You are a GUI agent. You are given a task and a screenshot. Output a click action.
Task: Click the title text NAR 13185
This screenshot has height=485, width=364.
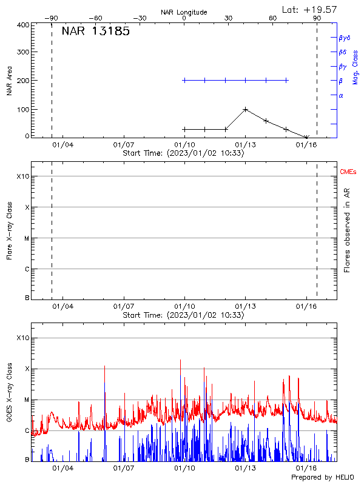tap(95, 32)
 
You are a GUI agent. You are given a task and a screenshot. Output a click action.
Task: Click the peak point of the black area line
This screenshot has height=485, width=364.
tap(245, 109)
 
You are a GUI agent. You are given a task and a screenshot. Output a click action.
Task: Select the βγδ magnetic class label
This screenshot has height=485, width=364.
tap(345, 37)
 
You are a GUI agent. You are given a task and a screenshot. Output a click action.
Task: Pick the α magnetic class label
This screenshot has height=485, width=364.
tap(341, 95)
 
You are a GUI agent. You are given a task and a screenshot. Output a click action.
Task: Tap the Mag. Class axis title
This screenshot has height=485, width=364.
tap(356, 67)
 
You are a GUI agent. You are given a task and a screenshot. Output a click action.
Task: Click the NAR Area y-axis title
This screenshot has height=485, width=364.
tap(9, 81)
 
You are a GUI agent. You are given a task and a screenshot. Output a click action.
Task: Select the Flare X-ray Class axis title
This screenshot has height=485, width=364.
tap(9, 230)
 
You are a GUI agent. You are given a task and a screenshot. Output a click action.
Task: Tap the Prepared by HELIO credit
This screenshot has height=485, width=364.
tap(323, 478)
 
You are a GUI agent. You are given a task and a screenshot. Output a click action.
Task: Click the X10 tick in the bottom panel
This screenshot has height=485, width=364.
tap(22, 338)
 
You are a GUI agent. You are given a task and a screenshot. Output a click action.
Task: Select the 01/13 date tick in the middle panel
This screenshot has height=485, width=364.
tap(245, 307)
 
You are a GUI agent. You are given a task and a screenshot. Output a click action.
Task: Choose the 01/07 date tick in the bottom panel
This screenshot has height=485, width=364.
tap(123, 468)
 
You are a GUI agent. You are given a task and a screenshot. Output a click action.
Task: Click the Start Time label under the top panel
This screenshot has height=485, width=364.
tap(183, 153)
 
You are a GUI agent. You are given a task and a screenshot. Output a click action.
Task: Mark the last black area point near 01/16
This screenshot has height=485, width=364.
tap(307, 138)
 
